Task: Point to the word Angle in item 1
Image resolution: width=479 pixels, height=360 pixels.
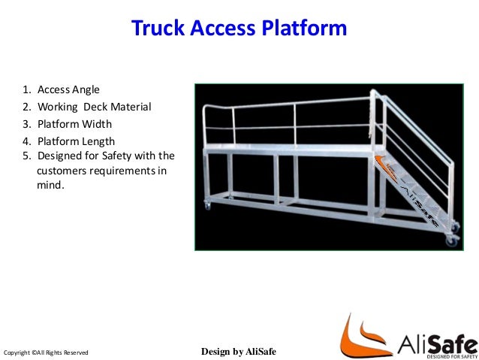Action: [86, 90]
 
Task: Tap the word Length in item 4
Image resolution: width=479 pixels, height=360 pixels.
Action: [98, 141]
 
